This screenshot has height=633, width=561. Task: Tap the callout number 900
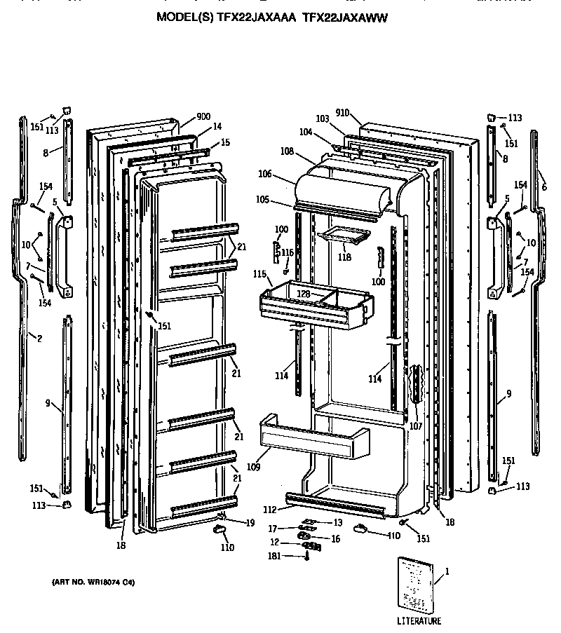[x=204, y=116]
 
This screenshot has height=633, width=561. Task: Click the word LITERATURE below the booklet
[x=419, y=621]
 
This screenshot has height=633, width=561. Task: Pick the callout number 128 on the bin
[x=304, y=294]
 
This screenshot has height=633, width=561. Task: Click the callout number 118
[x=344, y=257]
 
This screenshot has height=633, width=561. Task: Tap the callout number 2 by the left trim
[x=39, y=339]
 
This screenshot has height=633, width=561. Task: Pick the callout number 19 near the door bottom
[x=250, y=522]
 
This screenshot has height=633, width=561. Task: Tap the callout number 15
[x=225, y=142]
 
